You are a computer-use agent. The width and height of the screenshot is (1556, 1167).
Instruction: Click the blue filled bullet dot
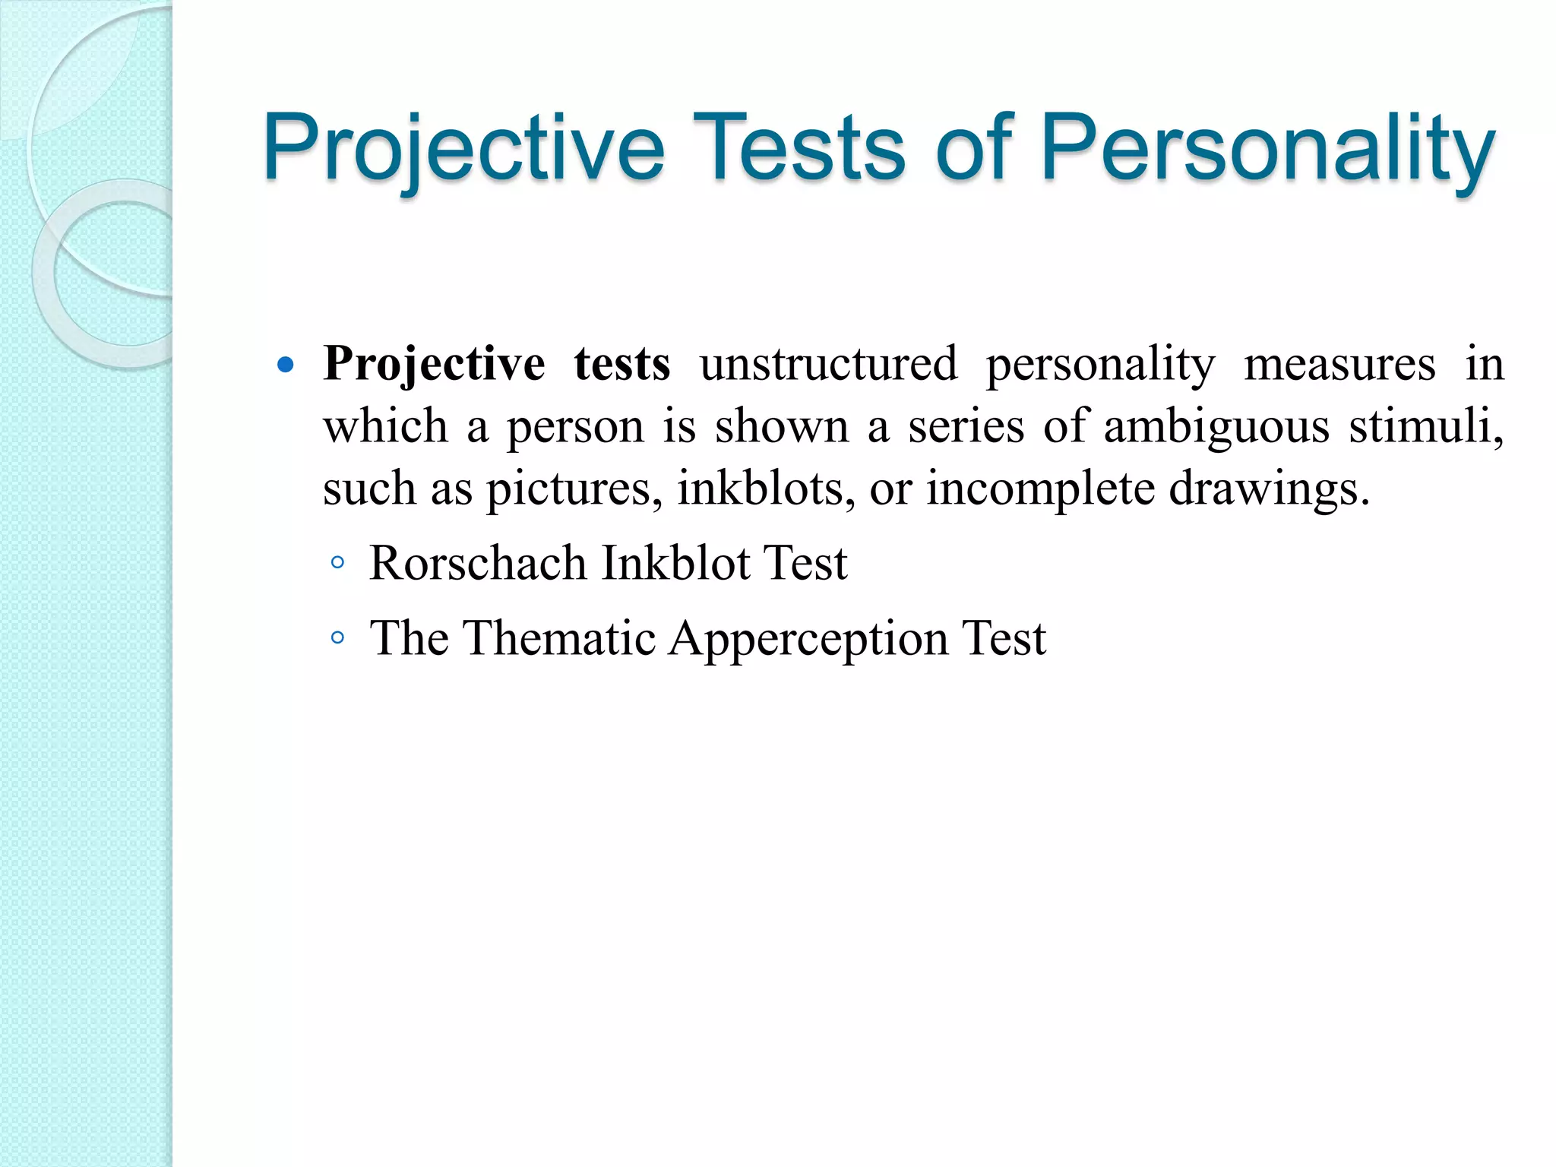point(286,365)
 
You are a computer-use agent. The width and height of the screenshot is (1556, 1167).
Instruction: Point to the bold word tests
point(621,364)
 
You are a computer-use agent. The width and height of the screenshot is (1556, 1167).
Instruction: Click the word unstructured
point(828,364)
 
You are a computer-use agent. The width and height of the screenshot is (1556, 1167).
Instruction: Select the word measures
point(1339,364)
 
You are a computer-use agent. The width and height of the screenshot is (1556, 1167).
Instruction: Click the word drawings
point(1268,489)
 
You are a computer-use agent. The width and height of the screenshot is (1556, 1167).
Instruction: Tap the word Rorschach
point(478,564)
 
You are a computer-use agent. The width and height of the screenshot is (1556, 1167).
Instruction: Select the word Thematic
point(559,638)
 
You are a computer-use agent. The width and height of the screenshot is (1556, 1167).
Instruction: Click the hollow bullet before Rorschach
point(338,564)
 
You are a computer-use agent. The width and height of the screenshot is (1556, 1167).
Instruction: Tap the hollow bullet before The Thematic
point(338,638)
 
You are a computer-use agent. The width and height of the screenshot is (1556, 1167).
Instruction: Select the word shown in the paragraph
point(781,426)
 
